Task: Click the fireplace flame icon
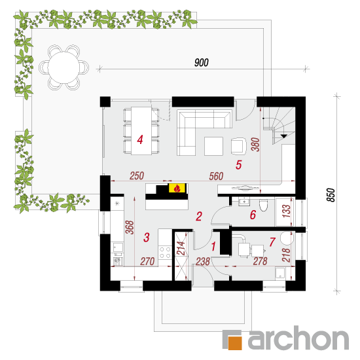(x=177, y=189)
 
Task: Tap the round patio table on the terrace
(x=63, y=67)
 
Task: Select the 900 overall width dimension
(x=202, y=63)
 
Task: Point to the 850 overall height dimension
(x=331, y=195)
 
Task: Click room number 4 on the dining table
(x=140, y=139)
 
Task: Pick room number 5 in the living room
(x=238, y=165)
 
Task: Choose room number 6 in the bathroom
(x=253, y=215)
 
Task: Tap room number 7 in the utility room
(x=272, y=242)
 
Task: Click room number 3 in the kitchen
(x=147, y=238)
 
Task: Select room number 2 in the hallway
(x=199, y=216)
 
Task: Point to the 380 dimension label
(x=255, y=145)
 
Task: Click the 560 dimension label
(x=216, y=176)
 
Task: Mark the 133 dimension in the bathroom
(x=286, y=211)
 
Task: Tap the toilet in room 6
(x=263, y=205)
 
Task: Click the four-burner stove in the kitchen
(x=165, y=252)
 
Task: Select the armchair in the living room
(x=238, y=145)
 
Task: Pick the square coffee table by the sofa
(x=213, y=146)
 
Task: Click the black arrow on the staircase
(x=284, y=136)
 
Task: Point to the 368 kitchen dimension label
(x=130, y=227)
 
